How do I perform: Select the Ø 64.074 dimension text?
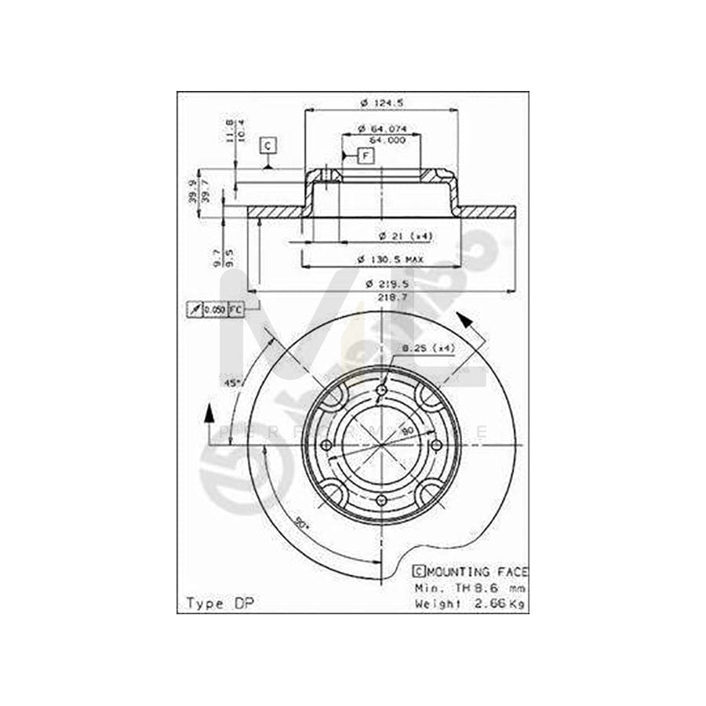pos(381,129)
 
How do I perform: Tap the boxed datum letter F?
pos(366,156)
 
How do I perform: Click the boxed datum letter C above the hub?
pos(268,146)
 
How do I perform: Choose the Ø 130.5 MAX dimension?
pos(391,259)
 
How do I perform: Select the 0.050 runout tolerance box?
pos(215,310)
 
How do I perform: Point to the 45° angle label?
pos(232,383)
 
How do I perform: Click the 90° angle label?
pos(302,522)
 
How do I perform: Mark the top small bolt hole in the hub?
pos(382,391)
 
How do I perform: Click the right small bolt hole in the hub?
pos(437,446)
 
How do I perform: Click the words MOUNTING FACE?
pos(478,573)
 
